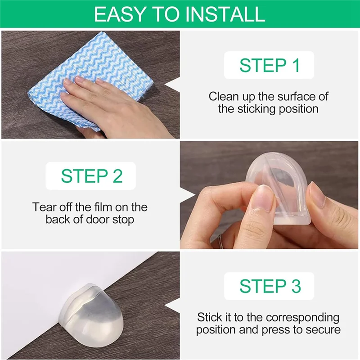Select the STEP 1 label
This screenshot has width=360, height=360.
tap(269, 66)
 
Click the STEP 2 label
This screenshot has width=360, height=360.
tap(91, 176)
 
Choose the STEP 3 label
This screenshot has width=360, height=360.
tap(269, 286)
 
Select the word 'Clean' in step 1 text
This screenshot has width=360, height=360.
tap(223, 96)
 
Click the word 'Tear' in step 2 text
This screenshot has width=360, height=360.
tap(44, 207)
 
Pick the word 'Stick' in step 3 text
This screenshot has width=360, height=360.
tap(210, 317)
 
